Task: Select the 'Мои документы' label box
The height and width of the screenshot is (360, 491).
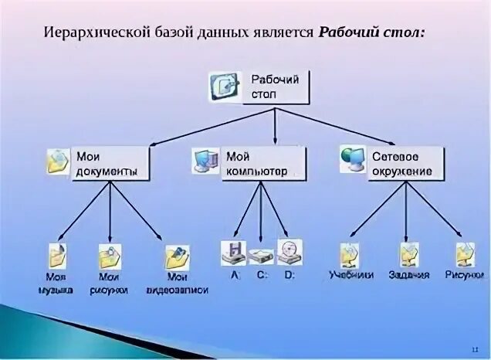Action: (110, 163)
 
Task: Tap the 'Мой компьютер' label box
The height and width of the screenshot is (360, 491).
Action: (262, 163)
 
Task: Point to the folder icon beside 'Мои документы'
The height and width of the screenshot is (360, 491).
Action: (59, 160)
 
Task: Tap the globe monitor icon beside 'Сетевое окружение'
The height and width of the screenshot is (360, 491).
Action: (353, 158)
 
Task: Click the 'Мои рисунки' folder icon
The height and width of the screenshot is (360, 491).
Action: (110, 256)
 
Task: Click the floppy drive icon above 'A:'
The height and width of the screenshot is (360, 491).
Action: (234, 251)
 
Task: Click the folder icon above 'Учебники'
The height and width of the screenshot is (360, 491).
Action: (350, 254)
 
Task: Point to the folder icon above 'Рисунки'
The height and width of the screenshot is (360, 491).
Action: (465, 253)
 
